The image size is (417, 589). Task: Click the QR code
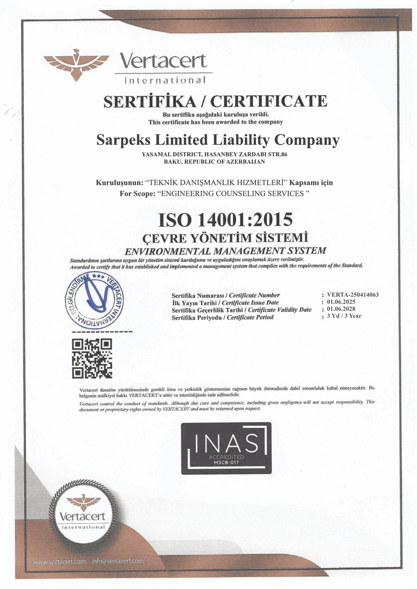92,358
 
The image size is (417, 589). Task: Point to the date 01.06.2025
341,302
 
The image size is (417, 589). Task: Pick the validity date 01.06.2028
341,309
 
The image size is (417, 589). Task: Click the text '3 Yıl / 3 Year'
344,316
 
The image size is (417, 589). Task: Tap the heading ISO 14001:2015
225,220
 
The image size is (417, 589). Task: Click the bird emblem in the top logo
76,65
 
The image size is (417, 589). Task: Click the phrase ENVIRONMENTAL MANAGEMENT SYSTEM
225,251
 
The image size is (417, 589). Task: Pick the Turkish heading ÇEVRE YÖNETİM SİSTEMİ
225,238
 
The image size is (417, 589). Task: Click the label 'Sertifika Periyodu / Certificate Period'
222,317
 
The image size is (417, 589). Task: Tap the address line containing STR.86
214,154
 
